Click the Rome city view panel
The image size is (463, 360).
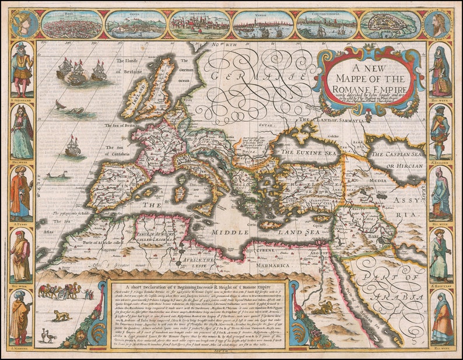point(72,24)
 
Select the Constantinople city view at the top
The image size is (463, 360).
point(326,24)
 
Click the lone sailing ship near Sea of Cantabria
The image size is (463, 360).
point(72,145)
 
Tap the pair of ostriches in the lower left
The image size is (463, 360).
point(49,337)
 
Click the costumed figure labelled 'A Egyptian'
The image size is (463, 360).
point(440,257)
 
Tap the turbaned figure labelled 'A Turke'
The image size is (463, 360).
point(21,193)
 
